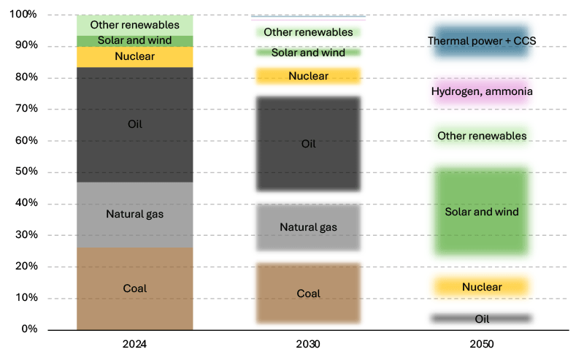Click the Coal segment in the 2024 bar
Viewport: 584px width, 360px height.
(135, 288)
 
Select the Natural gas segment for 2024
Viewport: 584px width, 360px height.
(135, 214)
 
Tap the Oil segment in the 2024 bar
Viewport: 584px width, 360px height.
(135, 124)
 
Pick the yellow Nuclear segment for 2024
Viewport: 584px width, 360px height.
(135, 57)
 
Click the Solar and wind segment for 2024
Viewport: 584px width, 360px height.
(135, 41)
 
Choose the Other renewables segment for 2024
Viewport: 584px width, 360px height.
(135, 25)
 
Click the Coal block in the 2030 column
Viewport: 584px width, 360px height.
(308, 294)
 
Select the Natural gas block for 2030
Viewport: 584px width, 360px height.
(308, 227)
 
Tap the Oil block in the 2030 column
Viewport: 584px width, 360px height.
(308, 144)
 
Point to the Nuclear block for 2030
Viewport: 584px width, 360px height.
(308, 76)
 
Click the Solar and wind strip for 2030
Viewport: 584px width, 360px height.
(308, 53)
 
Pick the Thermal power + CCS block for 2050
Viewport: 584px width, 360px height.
(481, 42)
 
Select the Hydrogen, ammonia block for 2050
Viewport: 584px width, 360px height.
(481, 92)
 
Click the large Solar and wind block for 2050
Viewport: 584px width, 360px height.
(481, 212)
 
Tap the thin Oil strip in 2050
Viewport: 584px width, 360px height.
(481, 319)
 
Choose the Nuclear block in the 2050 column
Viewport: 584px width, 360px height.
(481, 287)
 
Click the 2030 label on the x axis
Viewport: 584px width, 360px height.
(308, 343)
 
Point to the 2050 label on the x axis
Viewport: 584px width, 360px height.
(481, 343)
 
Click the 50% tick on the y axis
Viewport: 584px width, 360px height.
(27, 172)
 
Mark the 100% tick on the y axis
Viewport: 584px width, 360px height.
(26, 15)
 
